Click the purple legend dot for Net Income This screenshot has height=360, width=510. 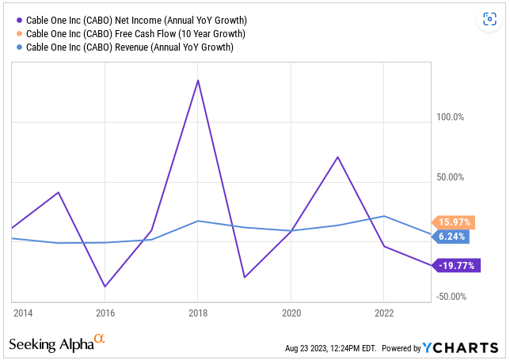pos(20,20)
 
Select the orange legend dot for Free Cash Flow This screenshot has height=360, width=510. pos(20,33)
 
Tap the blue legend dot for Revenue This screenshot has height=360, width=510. pos(20,47)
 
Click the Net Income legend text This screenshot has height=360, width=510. pos(136,20)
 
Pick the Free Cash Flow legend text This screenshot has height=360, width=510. pos(135,34)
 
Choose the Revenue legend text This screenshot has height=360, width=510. pos(130,47)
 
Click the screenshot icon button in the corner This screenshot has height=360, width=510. pos(489,19)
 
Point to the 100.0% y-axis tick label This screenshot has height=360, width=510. pos(450,117)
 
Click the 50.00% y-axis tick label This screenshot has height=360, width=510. pos(450,177)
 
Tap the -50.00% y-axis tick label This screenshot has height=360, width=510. pos(451,297)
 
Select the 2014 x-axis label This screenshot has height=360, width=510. pos(23,313)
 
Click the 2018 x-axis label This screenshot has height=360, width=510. pos(198,313)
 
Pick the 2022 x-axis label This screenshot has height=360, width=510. pos(384,313)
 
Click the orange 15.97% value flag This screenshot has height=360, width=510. pos(454,222)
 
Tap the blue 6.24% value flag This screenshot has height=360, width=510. pos(451,237)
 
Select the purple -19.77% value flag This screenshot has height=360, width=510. pos(456,266)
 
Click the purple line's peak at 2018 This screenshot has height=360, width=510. pos(198,80)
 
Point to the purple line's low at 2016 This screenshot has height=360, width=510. pos(105,286)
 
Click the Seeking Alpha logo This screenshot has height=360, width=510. pos(57,343)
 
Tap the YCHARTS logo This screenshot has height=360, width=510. pos(460,347)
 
